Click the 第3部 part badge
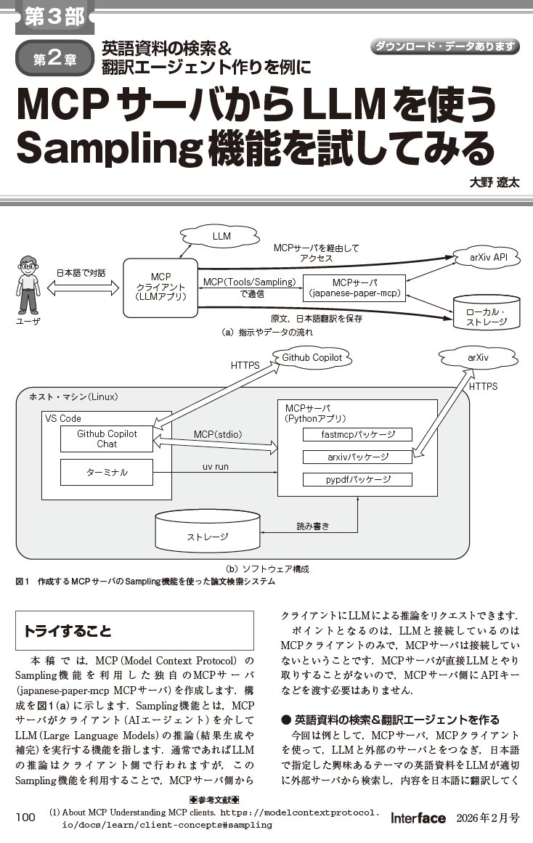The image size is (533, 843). pyautogui.click(x=54, y=17)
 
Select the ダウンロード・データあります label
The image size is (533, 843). pyautogui.click(x=445, y=46)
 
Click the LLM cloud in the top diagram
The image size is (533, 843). pyautogui.click(x=221, y=237)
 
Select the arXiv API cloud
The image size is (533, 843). pyautogui.click(x=484, y=257)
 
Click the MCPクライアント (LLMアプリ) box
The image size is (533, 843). pyautogui.click(x=160, y=286)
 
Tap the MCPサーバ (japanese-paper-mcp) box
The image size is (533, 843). pyautogui.click(x=354, y=288)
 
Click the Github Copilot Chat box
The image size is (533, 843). pyautogui.click(x=107, y=439)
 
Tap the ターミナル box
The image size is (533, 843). pyautogui.click(x=107, y=472)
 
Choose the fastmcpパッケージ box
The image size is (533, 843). pyautogui.click(x=357, y=435)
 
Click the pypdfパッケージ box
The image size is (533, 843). pyautogui.click(x=357, y=479)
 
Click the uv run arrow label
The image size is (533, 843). pyautogui.click(x=216, y=467)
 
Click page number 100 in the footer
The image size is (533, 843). pyautogui.click(x=25, y=818)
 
